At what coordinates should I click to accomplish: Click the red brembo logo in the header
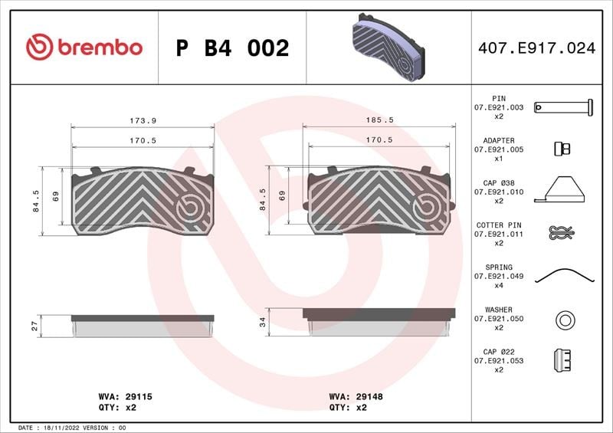(84, 47)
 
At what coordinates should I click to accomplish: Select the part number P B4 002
(232, 48)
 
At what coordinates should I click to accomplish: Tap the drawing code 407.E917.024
(537, 48)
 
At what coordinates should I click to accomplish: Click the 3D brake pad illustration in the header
(388, 48)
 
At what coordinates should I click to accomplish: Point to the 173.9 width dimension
(143, 121)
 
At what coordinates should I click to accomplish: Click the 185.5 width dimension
(379, 120)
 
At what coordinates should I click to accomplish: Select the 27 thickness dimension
(34, 326)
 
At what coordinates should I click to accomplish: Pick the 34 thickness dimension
(262, 323)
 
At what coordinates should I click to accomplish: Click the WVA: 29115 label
(125, 397)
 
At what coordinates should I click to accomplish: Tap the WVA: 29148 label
(356, 397)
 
